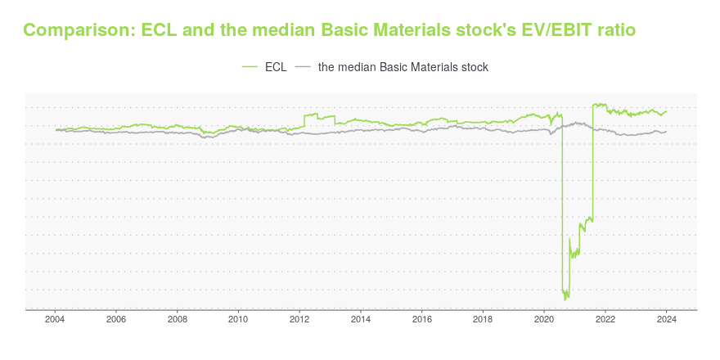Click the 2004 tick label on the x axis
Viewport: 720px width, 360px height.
pyautogui.click(x=55, y=320)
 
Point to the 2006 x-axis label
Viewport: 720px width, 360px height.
pyautogui.click(x=116, y=320)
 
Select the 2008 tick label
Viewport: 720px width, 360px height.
pyautogui.click(x=178, y=320)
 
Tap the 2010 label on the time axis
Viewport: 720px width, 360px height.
pyautogui.click(x=238, y=320)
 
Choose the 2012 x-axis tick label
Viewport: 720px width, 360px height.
pyautogui.click(x=299, y=320)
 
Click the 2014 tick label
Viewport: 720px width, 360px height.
pyautogui.click(x=361, y=320)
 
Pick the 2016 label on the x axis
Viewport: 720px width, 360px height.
pyautogui.click(x=422, y=320)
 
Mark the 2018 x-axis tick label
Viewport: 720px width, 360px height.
pyautogui.click(x=483, y=320)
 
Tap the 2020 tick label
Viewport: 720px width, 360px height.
pyautogui.click(x=544, y=320)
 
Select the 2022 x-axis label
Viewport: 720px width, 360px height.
pyautogui.click(x=605, y=320)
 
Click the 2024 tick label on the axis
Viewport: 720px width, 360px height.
pyautogui.click(x=667, y=320)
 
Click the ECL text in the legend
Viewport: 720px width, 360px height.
pyautogui.click(x=276, y=67)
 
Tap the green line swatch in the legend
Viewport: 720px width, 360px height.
pyautogui.click(x=250, y=67)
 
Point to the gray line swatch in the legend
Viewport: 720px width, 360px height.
pyautogui.click(x=303, y=67)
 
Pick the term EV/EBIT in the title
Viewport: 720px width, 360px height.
pyautogui.click(x=557, y=30)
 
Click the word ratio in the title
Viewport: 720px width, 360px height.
pyautogui.click(x=617, y=30)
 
